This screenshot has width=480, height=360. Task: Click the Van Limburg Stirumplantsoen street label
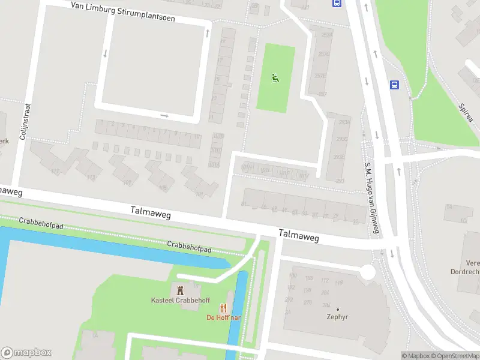(x=122, y=12)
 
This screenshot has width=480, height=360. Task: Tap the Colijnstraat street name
(x=25, y=121)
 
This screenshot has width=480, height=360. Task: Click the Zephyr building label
(x=338, y=317)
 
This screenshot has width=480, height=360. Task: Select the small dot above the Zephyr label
(x=338, y=309)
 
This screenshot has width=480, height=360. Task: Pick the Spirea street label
(x=466, y=112)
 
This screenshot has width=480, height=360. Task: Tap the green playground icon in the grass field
(x=275, y=77)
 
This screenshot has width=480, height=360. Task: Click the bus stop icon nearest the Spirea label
(x=395, y=85)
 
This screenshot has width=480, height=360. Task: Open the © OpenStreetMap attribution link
(x=455, y=356)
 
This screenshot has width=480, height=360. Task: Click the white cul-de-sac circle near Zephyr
(x=367, y=272)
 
